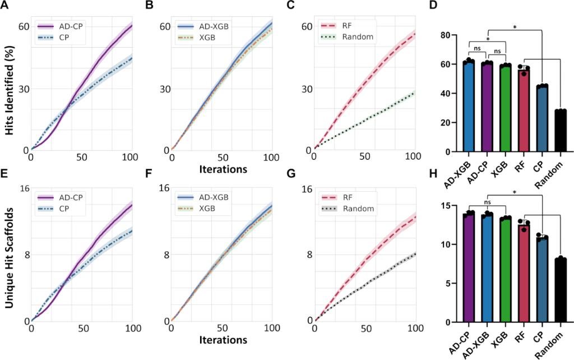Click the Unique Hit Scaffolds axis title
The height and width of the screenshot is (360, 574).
(8, 253)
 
